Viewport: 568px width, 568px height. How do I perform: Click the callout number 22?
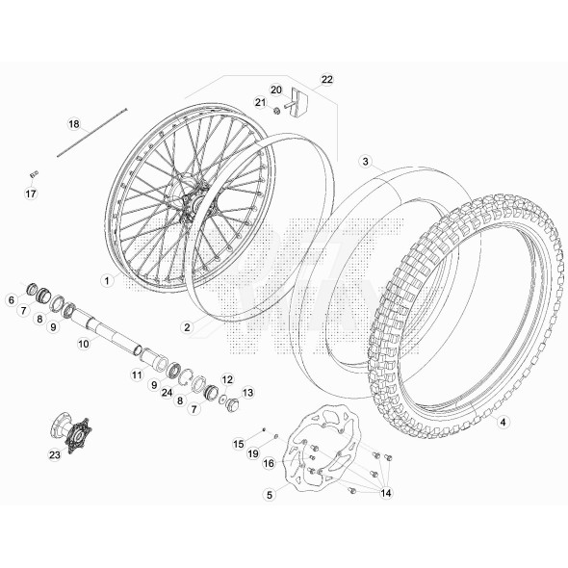coord(326,79)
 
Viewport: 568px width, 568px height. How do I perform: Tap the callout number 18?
coord(73,125)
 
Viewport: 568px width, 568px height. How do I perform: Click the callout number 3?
coord(502,421)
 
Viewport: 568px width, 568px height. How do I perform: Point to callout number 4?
coord(271,494)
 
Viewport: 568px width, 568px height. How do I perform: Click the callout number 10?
coord(84,343)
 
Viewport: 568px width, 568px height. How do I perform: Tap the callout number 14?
coord(387,493)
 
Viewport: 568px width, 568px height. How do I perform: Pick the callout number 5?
coord(271,494)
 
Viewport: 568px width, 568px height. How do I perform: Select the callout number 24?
coord(168,393)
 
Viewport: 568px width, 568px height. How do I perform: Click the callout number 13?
coord(247,393)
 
